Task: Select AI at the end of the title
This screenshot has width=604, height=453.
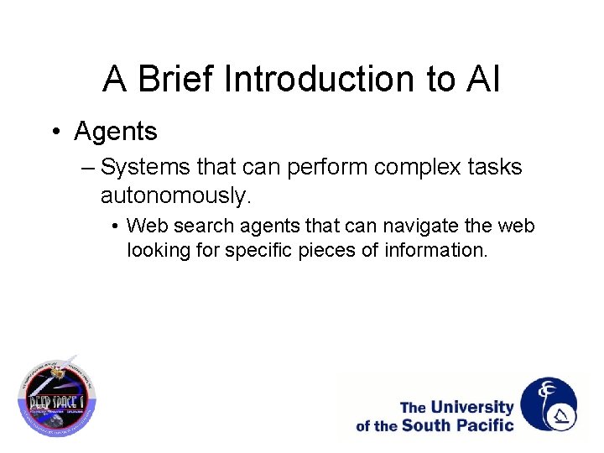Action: point(482,80)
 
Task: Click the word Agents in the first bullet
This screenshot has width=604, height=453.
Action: point(116,132)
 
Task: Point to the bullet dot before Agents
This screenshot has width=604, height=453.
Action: point(55,132)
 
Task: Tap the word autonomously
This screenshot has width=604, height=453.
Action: point(175,196)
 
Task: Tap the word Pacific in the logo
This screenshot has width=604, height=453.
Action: point(483,425)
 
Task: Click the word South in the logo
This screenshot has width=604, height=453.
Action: point(425,425)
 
